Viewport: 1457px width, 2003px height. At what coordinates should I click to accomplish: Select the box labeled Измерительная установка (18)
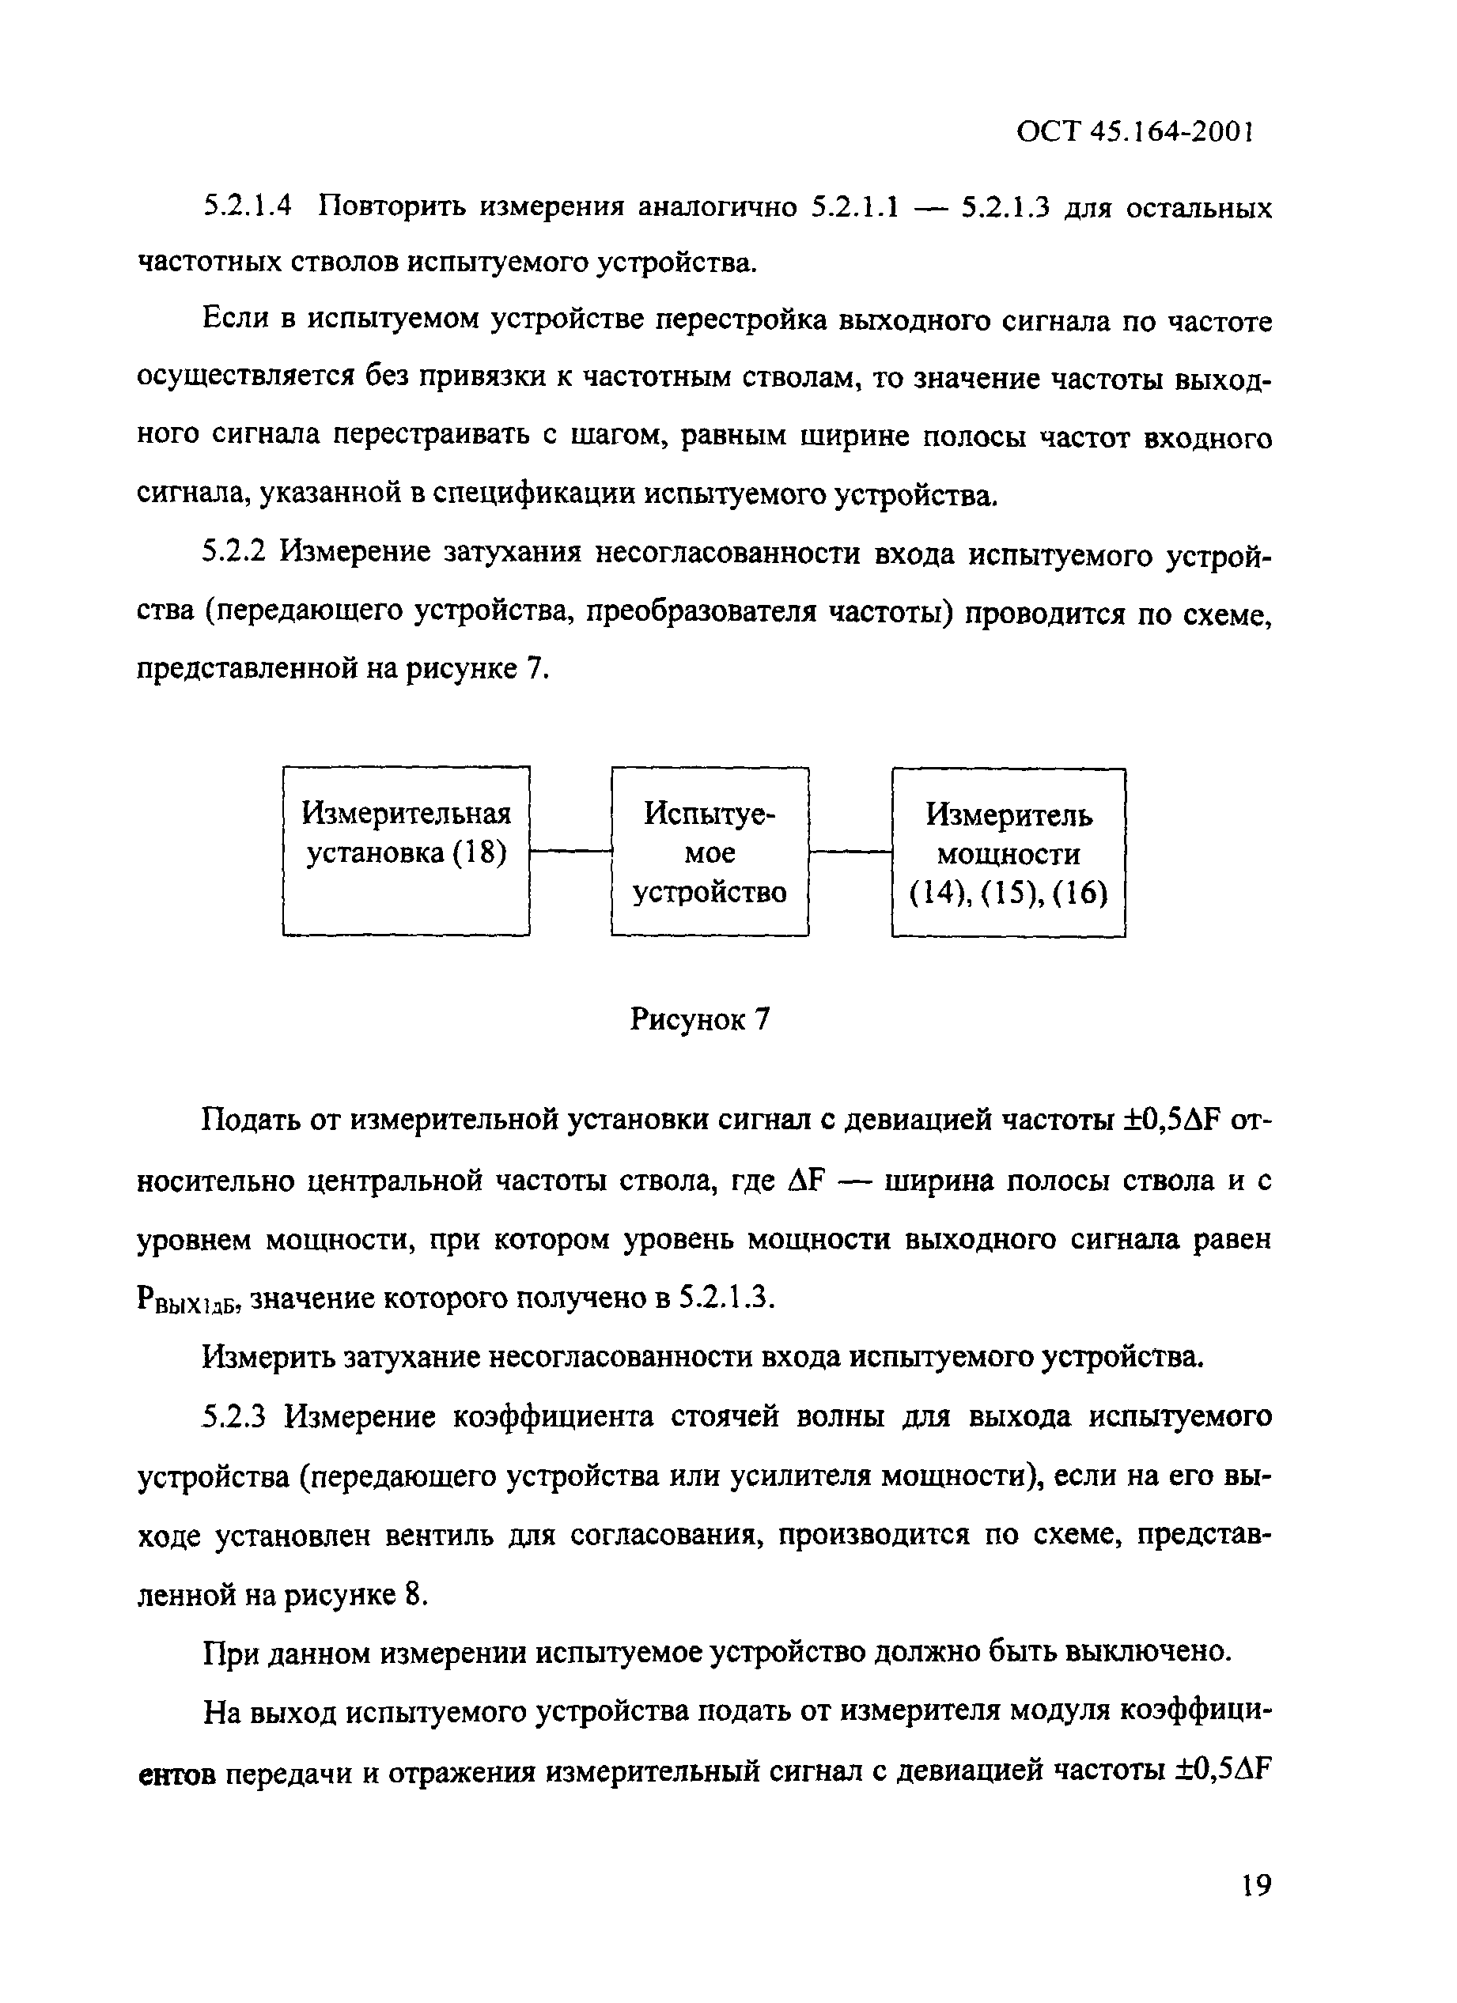(x=407, y=851)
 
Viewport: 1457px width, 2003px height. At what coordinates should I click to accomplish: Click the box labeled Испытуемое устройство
(x=710, y=852)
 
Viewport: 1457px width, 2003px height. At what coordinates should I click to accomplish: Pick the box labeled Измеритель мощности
(x=1009, y=852)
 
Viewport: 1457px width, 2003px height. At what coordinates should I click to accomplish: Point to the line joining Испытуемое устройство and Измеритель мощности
(x=850, y=852)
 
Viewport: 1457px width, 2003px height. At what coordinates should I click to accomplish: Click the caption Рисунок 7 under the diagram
(x=700, y=1020)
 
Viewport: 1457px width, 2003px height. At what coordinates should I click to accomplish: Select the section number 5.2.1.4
(x=248, y=209)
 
